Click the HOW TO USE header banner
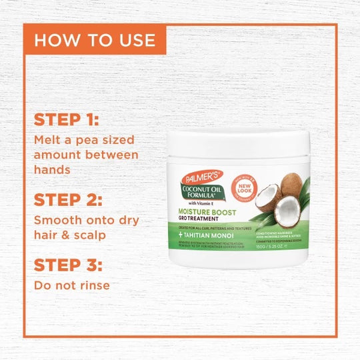coord(95,40)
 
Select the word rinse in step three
coord(93,286)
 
